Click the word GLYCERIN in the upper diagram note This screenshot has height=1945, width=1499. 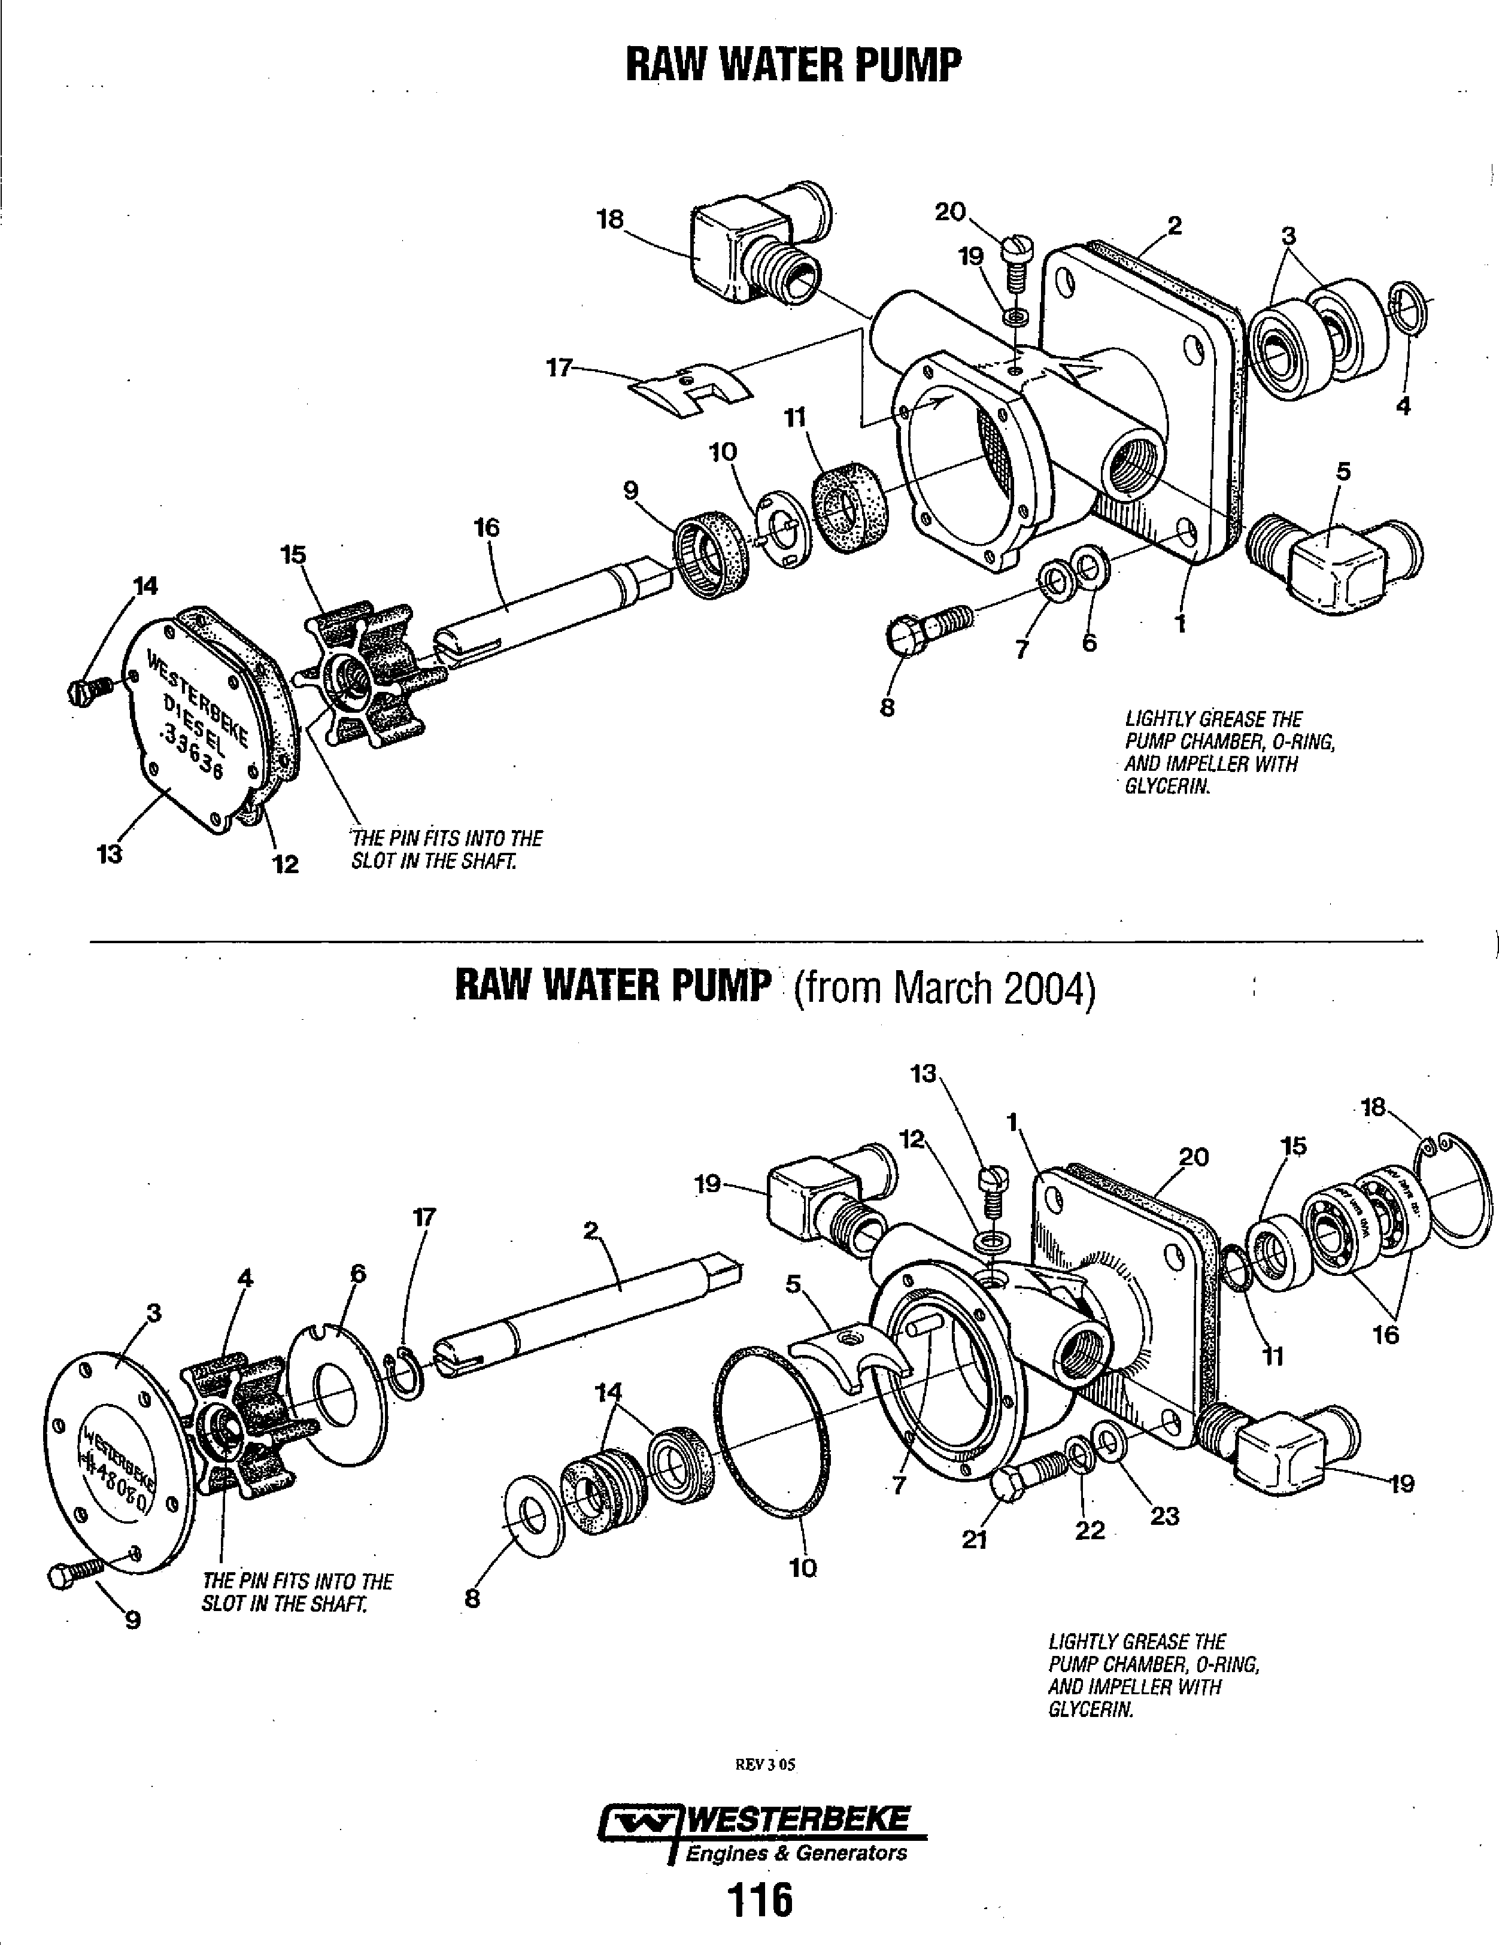(1167, 787)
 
